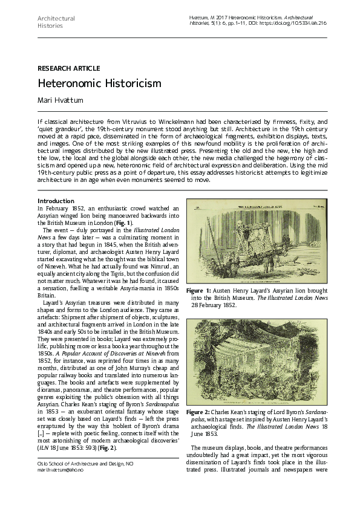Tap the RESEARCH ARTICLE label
click(x=68, y=68)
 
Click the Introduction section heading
click(x=56, y=201)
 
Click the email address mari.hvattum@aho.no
click(x=61, y=469)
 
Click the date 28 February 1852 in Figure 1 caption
click(x=219, y=305)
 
